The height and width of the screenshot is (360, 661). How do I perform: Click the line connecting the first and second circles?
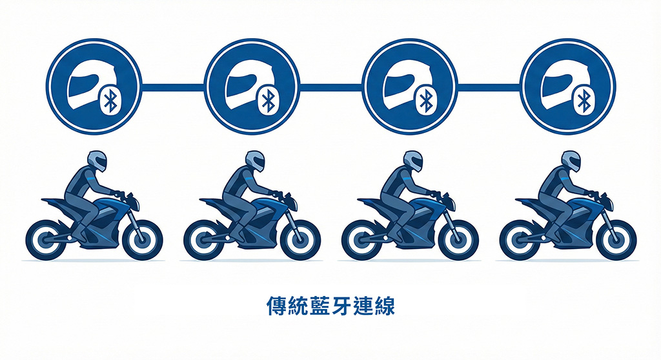173,88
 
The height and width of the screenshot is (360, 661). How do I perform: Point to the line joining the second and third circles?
331,88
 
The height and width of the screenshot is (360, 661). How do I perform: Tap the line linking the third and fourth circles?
489,88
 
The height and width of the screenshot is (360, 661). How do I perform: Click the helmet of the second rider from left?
255,161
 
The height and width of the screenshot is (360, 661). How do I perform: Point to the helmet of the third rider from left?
412,161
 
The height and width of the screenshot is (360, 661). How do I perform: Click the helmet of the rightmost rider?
571,161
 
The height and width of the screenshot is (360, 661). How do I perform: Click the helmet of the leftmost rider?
97,161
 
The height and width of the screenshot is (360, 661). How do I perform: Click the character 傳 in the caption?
277,306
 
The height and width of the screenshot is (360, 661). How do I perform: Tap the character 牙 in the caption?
341,306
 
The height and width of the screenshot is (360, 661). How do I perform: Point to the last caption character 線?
385,306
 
